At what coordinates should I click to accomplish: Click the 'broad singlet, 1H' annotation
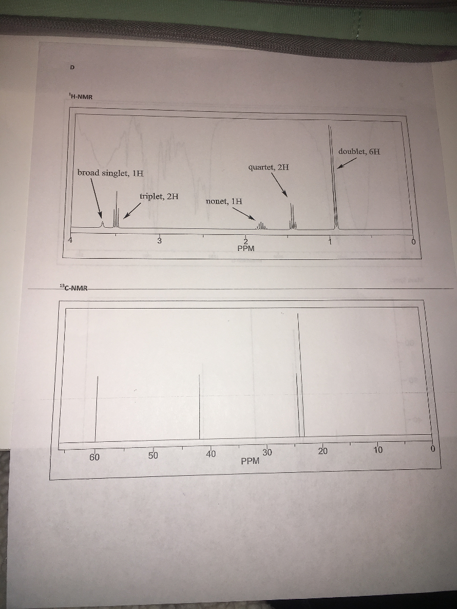pos(110,173)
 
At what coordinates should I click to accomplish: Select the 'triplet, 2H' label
pos(159,196)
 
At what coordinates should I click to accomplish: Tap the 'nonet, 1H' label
pos(224,201)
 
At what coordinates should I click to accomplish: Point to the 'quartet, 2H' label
pos(268,167)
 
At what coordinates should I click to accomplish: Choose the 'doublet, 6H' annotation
pos(359,151)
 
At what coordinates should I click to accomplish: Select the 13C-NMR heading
pos(74,288)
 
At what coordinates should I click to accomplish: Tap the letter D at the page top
pos(72,68)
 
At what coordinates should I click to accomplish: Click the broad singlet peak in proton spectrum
pos(102,224)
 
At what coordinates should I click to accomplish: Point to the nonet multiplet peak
pos(261,225)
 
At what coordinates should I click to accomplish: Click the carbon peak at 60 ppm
pos(97,409)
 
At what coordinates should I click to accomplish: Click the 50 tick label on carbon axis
pos(153,455)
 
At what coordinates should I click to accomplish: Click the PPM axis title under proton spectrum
pos(246,249)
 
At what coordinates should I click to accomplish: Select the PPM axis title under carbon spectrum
pos(251,462)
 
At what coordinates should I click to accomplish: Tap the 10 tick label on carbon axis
pos(378,450)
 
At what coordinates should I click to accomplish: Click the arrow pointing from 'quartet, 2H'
pos(280,184)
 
